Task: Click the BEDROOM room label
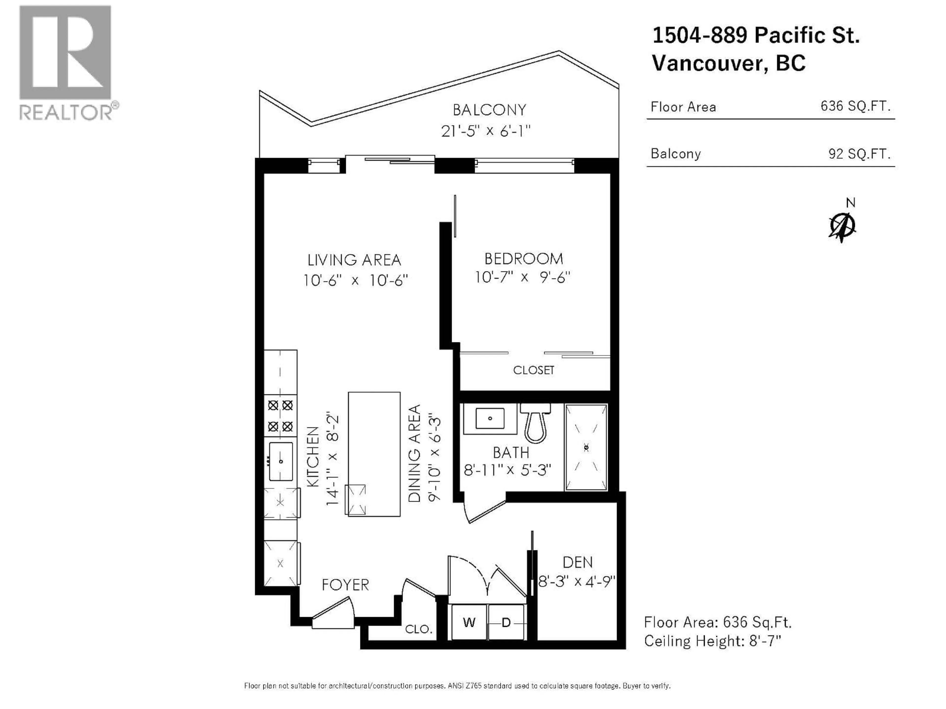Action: coord(524,258)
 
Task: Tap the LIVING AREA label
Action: coord(354,260)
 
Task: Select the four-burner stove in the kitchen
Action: coord(280,415)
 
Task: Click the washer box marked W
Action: coord(469,623)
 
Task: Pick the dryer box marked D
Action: coord(506,623)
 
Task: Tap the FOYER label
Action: coord(345,585)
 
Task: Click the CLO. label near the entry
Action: coord(418,629)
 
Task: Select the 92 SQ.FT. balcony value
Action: coord(859,153)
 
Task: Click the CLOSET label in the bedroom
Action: coord(533,370)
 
